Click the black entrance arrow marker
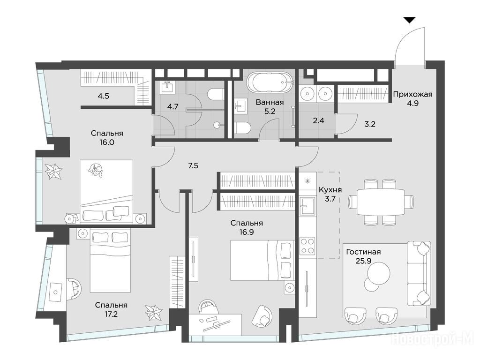tap(409, 20)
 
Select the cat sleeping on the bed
tap(96, 170)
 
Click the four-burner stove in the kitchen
tap(307, 245)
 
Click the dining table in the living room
tap(381, 202)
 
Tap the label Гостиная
tap(363, 252)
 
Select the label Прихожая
tap(412, 94)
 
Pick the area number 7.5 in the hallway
tap(193, 166)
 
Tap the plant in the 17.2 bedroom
tap(153, 313)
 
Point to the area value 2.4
tap(318, 120)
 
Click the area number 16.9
tap(247, 232)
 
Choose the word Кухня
tap(330, 190)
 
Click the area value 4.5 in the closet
tap(104, 96)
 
